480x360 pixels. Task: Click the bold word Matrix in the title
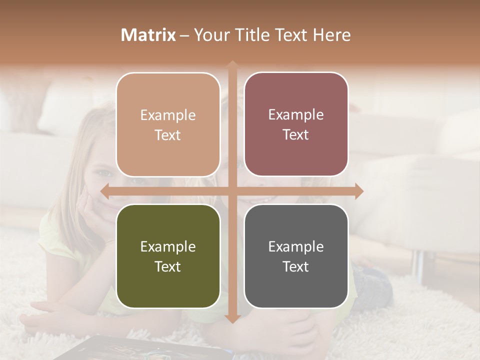pyautogui.click(x=148, y=35)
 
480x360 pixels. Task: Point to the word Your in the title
pyautogui.click(x=210, y=35)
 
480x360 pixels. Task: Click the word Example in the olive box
pyautogui.click(x=168, y=246)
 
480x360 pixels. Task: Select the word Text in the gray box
pyautogui.click(x=296, y=266)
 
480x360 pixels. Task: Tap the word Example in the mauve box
pyautogui.click(x=296, y=114)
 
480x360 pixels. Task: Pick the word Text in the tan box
pyautogui.click(x=168, y=135)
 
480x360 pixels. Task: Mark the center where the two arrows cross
pyautogui.click(x=232, y=191)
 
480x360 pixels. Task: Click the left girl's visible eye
pyautogui.click(x=104, y=173)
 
